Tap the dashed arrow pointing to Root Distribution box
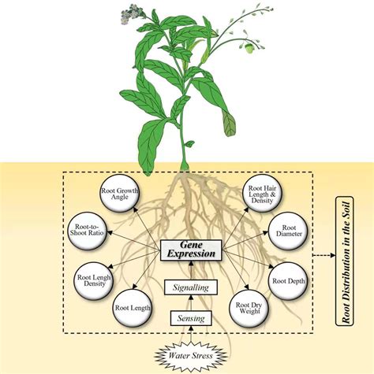[325, 255]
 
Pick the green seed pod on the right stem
[252, 47]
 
